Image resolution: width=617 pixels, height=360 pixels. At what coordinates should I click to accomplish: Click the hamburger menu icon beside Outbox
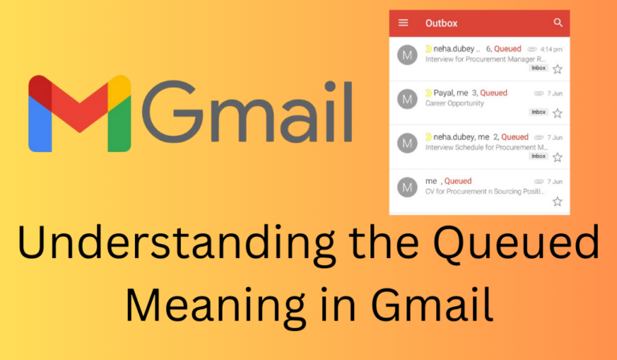point(403,23)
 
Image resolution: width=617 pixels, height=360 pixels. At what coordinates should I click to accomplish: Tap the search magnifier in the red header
point(558,23)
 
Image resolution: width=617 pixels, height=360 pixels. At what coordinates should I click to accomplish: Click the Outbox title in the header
point(442,23)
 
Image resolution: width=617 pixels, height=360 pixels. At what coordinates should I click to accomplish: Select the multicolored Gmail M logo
point(80,114)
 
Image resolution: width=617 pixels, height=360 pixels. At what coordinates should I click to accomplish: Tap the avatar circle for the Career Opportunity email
point(407,99)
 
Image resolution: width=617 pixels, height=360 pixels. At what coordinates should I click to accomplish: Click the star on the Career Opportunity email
point(558,113)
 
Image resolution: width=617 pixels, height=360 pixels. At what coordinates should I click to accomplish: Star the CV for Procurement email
point(558,201)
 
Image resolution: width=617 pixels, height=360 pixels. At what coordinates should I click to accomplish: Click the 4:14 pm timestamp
point(551,49)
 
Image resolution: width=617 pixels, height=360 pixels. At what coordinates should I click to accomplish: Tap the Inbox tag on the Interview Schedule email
point(538,156)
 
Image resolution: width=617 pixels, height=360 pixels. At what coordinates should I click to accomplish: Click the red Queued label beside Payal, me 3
point(494,93)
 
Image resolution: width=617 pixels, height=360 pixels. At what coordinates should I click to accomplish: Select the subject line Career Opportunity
point(455,104)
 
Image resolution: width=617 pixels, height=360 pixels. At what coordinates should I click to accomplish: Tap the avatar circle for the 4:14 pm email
point(407,55)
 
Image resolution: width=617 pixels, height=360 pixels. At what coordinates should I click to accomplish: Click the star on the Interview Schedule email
point(558,157)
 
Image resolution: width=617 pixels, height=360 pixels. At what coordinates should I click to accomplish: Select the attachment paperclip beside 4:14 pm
point(538,49)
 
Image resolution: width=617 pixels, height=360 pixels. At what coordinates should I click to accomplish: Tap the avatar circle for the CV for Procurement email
point(407,187)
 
